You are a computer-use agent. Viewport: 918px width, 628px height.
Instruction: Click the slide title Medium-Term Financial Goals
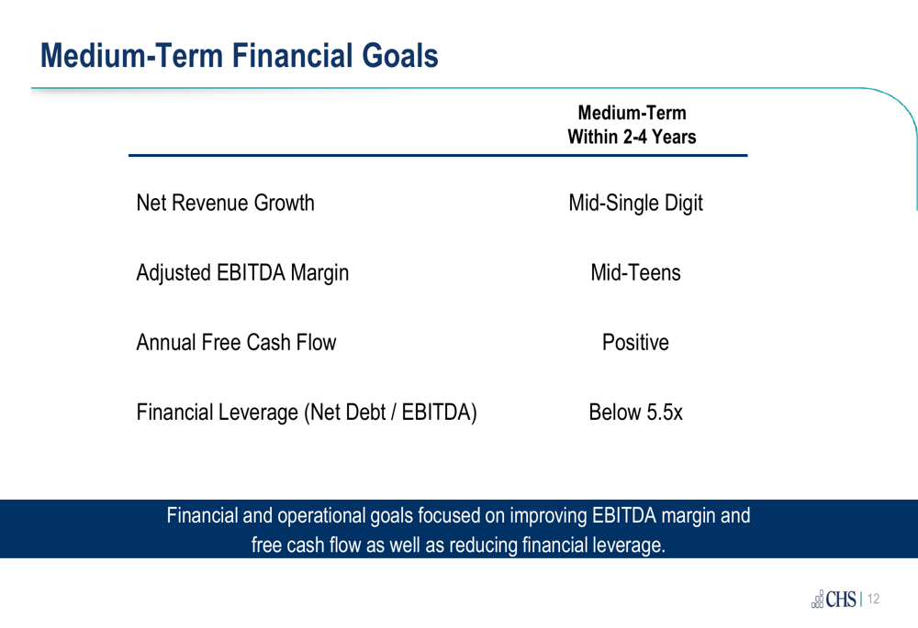pos(239,56)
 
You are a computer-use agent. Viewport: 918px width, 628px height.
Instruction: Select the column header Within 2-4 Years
pos(632,137)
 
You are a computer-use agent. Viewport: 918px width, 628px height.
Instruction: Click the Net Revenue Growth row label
pos(226,203)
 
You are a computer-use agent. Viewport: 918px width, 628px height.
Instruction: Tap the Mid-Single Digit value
pos(636,204)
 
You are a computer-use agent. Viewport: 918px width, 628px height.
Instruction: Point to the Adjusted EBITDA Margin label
pos(242,273)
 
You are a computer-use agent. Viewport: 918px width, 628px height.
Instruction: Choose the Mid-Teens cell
pos(636,272)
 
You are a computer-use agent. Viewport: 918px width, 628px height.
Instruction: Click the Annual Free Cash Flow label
pos(237,342)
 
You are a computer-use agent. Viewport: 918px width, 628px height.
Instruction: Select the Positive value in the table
pos(636,342)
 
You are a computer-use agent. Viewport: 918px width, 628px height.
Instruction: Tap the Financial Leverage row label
pos(307,413)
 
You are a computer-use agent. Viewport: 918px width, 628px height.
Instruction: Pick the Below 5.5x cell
pos(636,413)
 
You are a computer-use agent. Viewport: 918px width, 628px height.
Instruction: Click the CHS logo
pos(834,599)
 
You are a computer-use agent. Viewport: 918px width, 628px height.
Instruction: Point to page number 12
pos(874,599)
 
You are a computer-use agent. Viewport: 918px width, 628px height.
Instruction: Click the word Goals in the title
pos(400,56)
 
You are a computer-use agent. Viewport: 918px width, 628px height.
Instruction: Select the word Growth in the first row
pos(285,203)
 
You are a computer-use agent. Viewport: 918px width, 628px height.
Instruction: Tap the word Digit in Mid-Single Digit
pos(684,204)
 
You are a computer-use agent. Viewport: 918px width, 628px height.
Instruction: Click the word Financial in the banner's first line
pos(202,516)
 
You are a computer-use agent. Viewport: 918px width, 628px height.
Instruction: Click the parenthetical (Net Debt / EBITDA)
pos(390,413)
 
